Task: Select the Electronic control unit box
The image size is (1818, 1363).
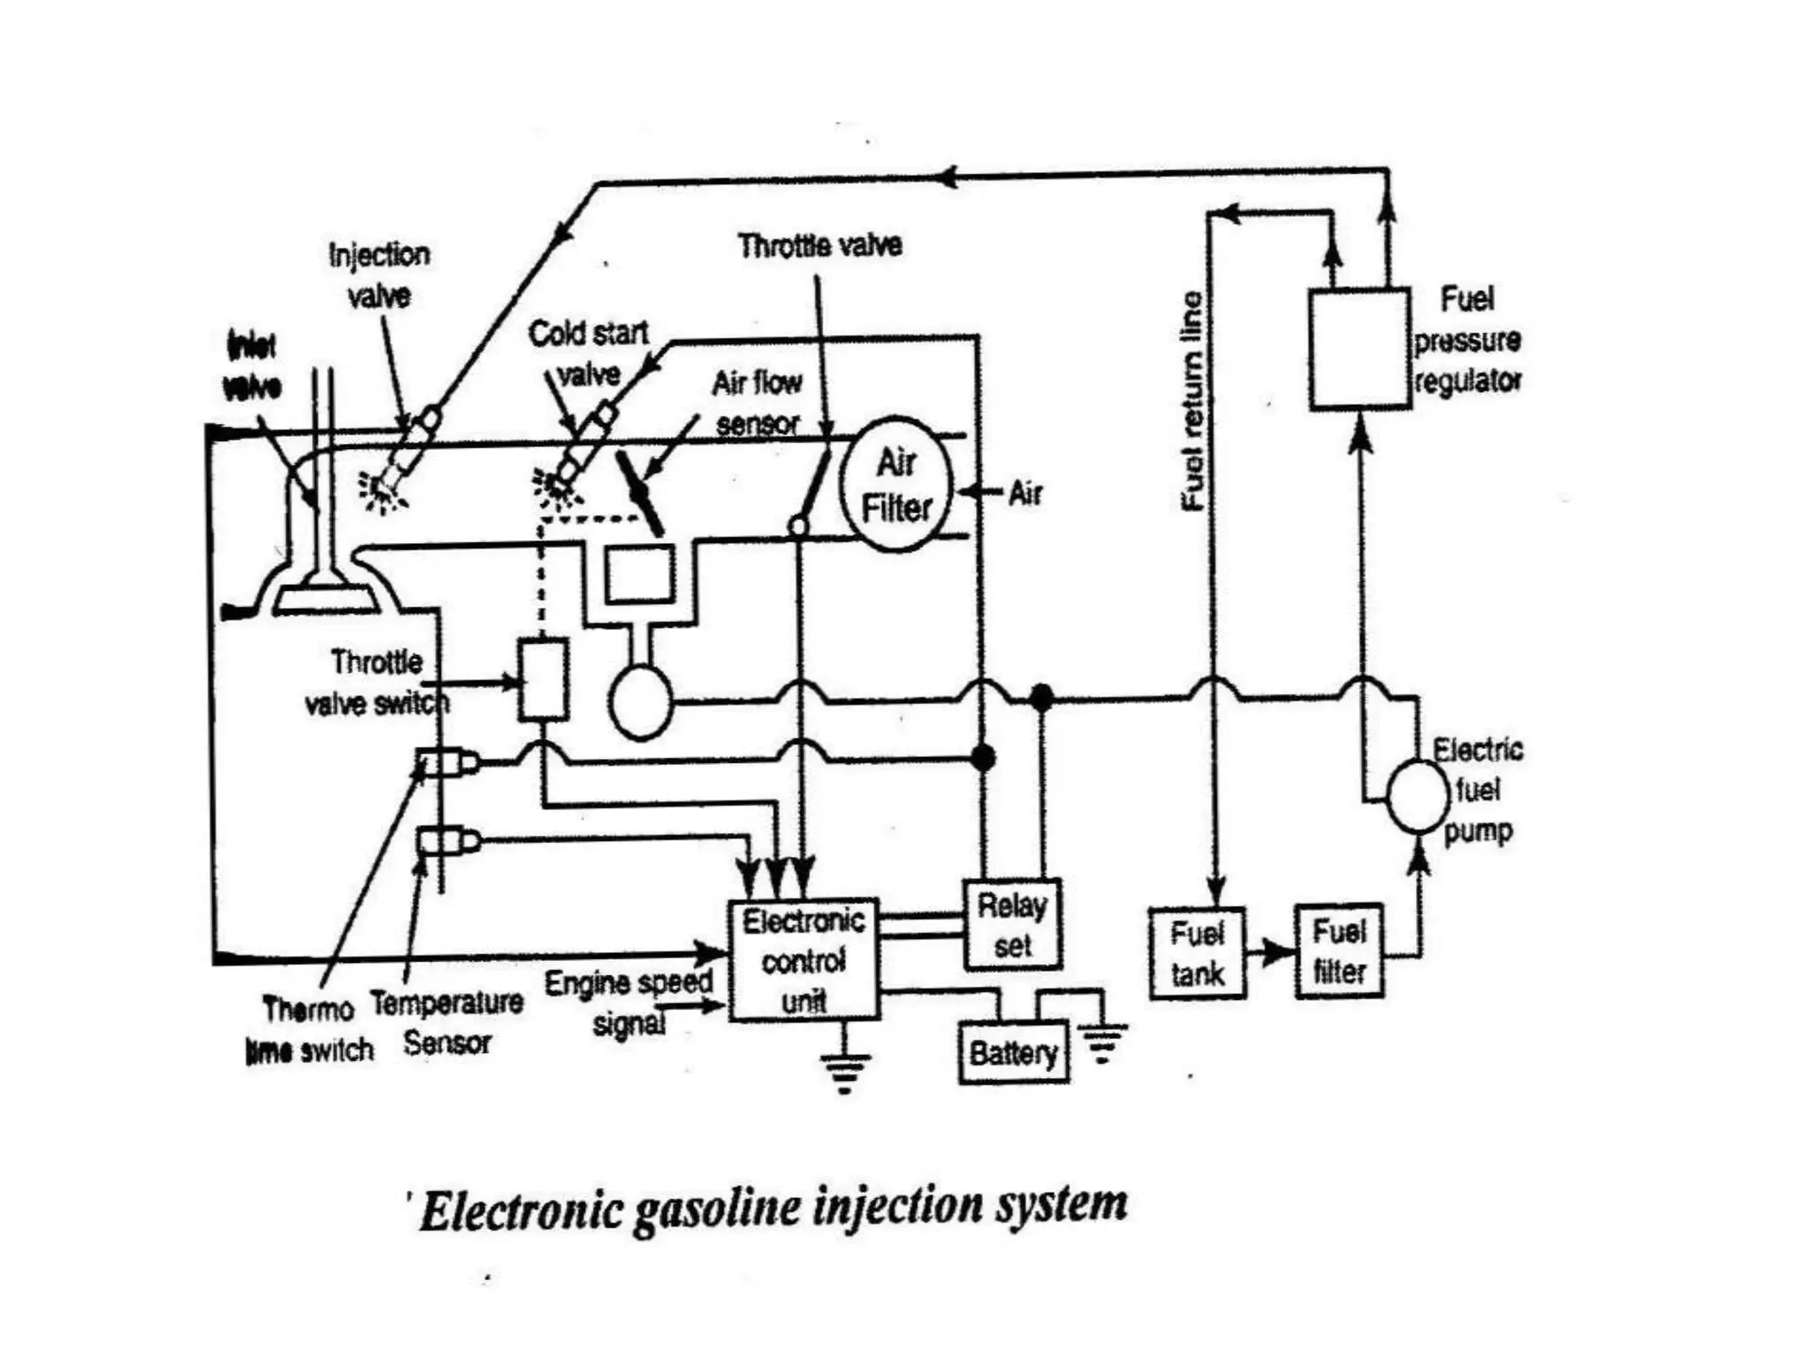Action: (x=803, y=960)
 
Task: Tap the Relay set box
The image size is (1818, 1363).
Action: (x=1012, y=925)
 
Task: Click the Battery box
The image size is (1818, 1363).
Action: (x=1013, y=1053)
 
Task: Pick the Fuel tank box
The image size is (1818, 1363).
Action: (x=1197, y=953)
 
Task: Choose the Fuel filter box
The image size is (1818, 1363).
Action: (x=1339, y=951)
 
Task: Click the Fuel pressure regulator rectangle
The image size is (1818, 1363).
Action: (x=1359, y=348)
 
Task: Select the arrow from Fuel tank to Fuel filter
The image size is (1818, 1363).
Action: (x=1271, y=953)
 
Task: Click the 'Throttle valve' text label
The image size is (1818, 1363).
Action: (x=819, y=245)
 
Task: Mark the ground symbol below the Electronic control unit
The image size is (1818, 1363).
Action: (x=844, y=1070)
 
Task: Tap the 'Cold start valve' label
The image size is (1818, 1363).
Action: (x=589, y=353)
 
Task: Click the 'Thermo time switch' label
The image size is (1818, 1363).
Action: (x=309, y=1029)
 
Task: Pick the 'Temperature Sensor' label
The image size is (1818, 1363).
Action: (x=447, y=1022)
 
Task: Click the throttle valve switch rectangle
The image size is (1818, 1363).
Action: (x=543, y=679)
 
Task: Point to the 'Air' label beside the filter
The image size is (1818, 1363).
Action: (x=1024, y=492)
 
